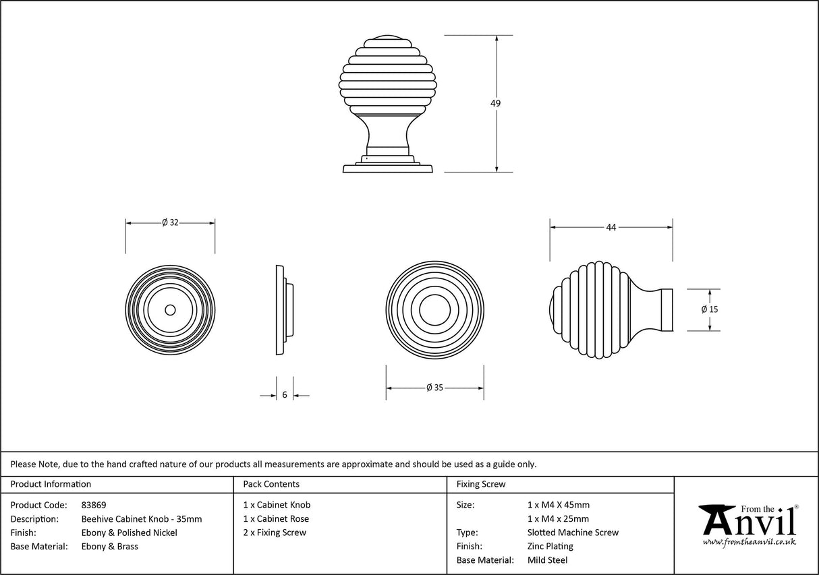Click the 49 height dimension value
click(496, 103)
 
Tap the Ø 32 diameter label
click(170, 223)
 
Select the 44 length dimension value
click(611, 228)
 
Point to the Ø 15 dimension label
click(709, 309)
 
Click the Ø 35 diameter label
click(434, 388)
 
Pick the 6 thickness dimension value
click(285, 395)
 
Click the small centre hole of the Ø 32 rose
click(170, 310)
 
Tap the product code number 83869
click(94, 505)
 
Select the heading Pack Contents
click(271, 484)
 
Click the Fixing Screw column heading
click(481, 484)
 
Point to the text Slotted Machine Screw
click(573, 533)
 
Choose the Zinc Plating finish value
click(550, 546)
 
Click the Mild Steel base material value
click(547, 560)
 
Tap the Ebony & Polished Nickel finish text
click(130, 533)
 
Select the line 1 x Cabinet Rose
click(276, 518)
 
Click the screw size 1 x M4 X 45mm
click(558, 505)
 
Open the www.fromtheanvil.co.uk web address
click(749, 542)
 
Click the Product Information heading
click(51, 484)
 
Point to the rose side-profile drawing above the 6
click(284, 310)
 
